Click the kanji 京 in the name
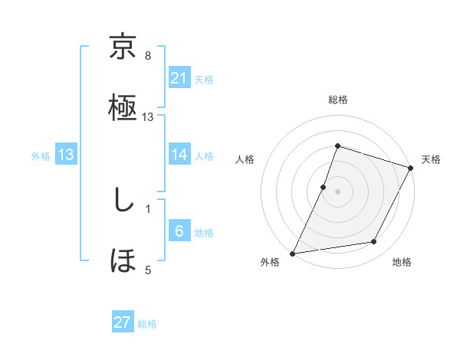pos(123,48)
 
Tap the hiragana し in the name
pos(123,201)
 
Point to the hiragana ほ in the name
pos(123,260)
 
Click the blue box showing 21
pos(179,77)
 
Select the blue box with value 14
pos(179,155)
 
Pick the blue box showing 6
pos(179,231)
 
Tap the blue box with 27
pos(123,322)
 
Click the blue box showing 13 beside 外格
pos(65,155)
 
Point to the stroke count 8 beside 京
pos(148,56)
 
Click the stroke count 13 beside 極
pos(149,116)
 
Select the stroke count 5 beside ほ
pos(148,269)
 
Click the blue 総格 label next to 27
pos(147,324)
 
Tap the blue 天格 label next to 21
pos(204,79)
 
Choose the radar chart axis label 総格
pos(337,100)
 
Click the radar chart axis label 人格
pos(245,159)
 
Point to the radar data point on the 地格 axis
pos(374,242)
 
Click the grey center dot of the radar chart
pos(337,191)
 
